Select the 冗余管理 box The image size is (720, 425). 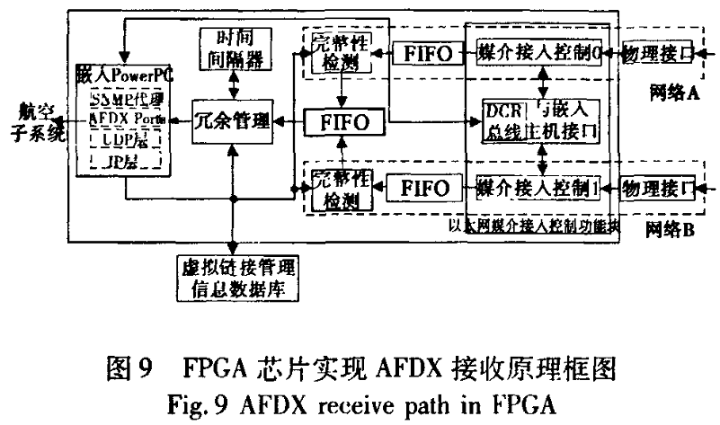click(x=232, y=120)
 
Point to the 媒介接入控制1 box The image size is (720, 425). click(x=538, y=189)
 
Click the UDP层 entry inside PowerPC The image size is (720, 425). click(x=125, y=141)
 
